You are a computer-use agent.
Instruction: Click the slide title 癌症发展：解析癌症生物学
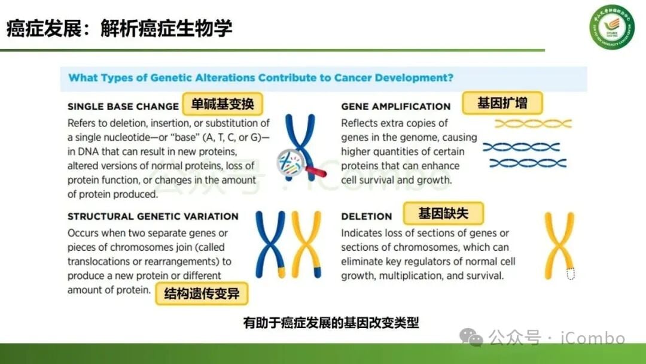119,28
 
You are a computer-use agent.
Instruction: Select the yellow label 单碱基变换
223,104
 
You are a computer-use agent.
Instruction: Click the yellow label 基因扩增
502,103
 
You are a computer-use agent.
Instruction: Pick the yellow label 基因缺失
443,213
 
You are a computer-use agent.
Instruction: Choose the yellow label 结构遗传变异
201,294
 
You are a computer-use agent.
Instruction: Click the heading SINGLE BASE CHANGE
123,107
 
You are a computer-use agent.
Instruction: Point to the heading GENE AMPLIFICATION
395,107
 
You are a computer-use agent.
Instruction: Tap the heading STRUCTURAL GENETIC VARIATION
153,216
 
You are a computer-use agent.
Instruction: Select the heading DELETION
366,216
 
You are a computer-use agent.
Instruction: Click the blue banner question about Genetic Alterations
261,78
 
